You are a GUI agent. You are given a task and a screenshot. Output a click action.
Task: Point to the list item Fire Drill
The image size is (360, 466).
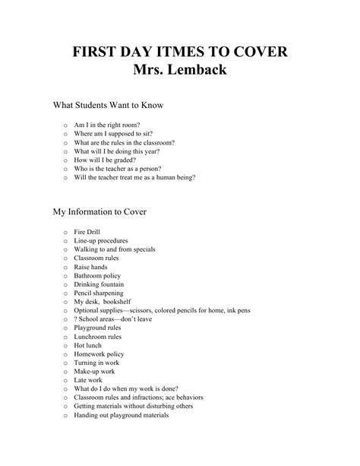point(87,231)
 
